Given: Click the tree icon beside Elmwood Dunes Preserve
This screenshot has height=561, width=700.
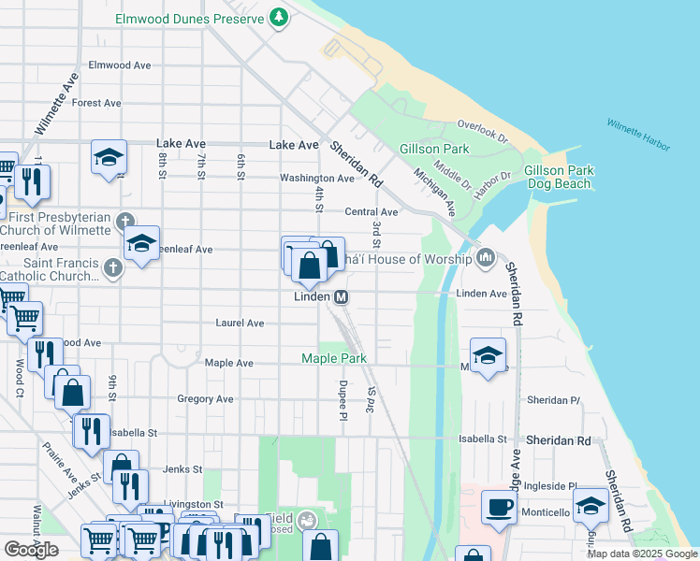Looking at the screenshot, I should coord(278,18).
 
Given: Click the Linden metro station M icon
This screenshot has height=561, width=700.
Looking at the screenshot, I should coord(342,296).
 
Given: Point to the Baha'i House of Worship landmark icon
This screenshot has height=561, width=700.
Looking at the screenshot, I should coord(485,257).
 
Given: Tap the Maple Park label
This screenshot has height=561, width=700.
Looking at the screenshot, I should coord(333,358).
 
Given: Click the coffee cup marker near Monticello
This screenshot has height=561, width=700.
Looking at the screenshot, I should coord(498,508).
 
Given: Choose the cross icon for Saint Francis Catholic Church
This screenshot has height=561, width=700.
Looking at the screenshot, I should coord(112,269).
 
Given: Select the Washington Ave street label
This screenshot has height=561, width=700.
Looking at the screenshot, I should coord(316,178).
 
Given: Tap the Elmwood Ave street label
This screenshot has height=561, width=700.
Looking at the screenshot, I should coord(119,65).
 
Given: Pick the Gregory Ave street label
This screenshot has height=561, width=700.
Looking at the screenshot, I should coord(205,399).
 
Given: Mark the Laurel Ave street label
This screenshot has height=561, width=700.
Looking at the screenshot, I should coord(240,323).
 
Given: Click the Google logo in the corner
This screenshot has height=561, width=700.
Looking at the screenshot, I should coord(31,550).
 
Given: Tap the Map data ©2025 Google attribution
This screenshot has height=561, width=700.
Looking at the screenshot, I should coord(641,554).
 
